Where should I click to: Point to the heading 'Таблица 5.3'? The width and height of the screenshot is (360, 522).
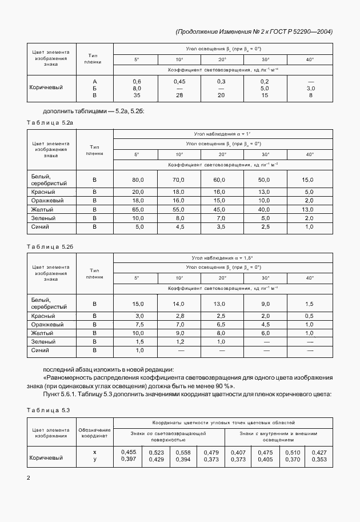pyautogui.click(x=49, y=411)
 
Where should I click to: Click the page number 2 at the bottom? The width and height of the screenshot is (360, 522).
pyautogui.click(x=29, y=477)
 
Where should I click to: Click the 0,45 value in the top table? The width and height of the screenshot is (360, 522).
pyautogui.click(x=179, y=82)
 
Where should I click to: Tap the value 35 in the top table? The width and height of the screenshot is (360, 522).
pyautogui.click(x=137, y=95)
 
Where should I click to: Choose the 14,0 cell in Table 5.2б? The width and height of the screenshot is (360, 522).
pyautogui.click(x=179, y=304)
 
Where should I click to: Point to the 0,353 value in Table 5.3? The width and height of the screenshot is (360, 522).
pyautogui.click(x=319, y=459)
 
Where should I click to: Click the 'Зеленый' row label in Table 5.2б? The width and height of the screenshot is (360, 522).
pyautogui.click(x=43, y=341)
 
